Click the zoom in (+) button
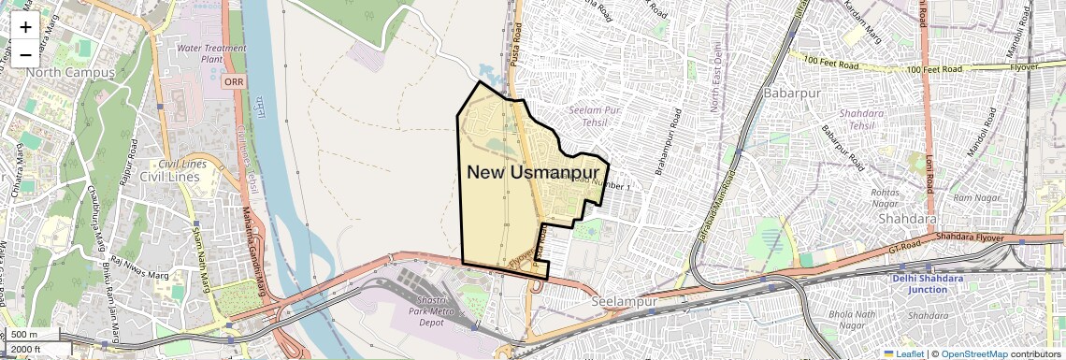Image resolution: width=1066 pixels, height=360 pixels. click(25, 27)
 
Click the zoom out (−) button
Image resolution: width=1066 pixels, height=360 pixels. click(25, 54)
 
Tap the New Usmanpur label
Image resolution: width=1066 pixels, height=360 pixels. click(532, 172)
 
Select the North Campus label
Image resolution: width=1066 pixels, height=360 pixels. click(70, 72)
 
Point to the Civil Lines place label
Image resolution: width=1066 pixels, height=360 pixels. click(171, 176)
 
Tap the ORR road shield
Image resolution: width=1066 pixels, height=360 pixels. click(234, 82)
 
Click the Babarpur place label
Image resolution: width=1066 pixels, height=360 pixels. click(791, 94)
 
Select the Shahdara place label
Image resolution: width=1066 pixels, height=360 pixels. click(906, 219)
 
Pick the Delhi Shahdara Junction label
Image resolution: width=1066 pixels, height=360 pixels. click(931, 283)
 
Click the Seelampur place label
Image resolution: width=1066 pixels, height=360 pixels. click(627, 302)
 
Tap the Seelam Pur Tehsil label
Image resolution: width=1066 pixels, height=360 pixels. click(595, 116)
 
